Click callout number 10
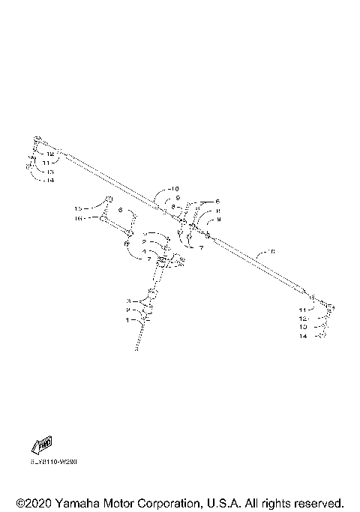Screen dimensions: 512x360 pos(175,188)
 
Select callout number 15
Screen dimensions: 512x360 pos(78,208)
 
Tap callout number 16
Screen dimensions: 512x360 pos(78,218)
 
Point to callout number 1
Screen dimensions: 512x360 pos(128,319)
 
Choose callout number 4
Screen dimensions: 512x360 pos(144,251)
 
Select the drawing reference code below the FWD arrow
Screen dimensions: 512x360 pos(54,462)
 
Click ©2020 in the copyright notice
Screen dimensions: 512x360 pos(34,502)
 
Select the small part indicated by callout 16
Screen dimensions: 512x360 pos(100,218)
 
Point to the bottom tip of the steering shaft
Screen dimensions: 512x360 pos(136,348)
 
